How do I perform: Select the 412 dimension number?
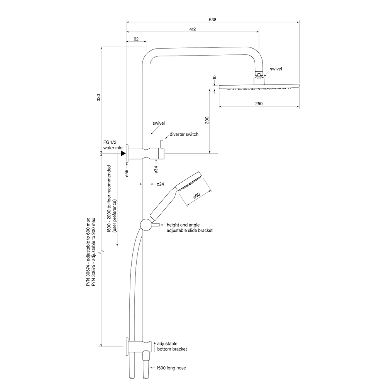coord(193,29)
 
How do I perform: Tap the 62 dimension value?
coord(136,39)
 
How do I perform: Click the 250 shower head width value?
coord(259,104)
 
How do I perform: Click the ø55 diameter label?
coord(126,173)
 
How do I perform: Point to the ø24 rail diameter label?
coord(161,184)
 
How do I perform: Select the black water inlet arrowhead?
coord(123,154)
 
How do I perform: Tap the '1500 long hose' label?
coord(171,368)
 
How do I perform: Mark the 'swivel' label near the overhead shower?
coord(276,69)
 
